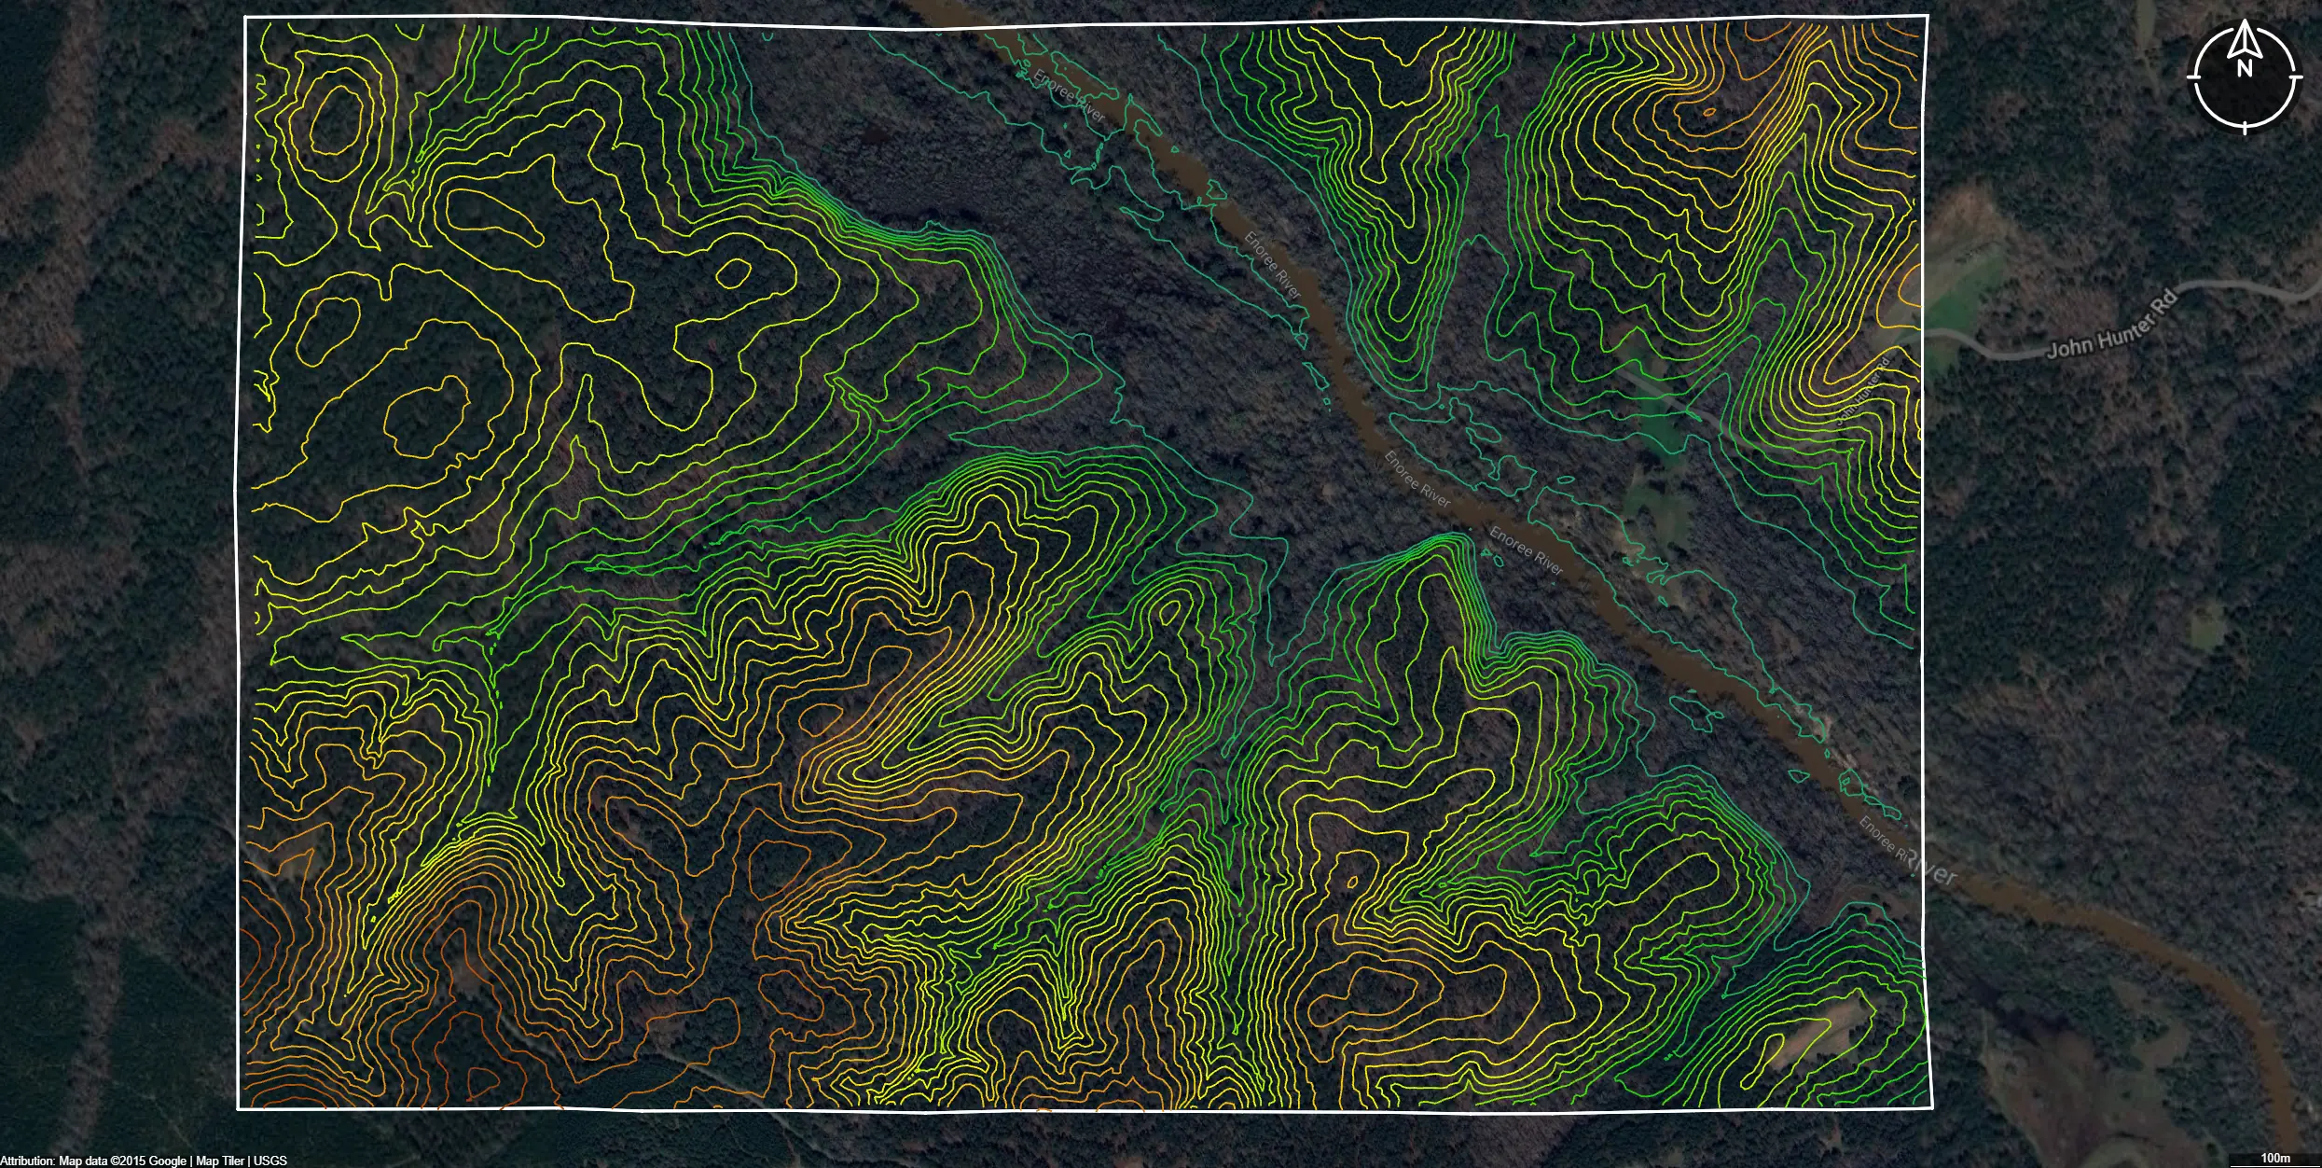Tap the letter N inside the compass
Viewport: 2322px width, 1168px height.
[x=2245, y=68]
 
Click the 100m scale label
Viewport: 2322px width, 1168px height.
[x=2275, y=1158]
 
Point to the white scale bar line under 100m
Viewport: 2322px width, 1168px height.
[x=2275, y=1165]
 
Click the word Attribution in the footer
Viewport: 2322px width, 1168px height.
[x=27, y=1161]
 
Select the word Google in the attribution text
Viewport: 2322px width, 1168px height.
[x=168, y=1161]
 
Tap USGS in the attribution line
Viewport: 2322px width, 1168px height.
[x=270, y=1161]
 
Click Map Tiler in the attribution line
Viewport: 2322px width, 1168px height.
[x=220, y=1161]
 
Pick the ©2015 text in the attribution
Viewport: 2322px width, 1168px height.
[x=129, y=1161]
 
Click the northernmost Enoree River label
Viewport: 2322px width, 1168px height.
[x=1069, y=96]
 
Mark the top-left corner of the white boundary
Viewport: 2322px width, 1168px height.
[x=245, y=18]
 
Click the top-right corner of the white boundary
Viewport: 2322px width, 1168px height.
[x=1928, y=16]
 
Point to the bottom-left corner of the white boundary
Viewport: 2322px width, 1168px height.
[x=239, y=1108]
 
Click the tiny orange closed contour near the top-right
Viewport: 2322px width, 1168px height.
[x=1708, y=112]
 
